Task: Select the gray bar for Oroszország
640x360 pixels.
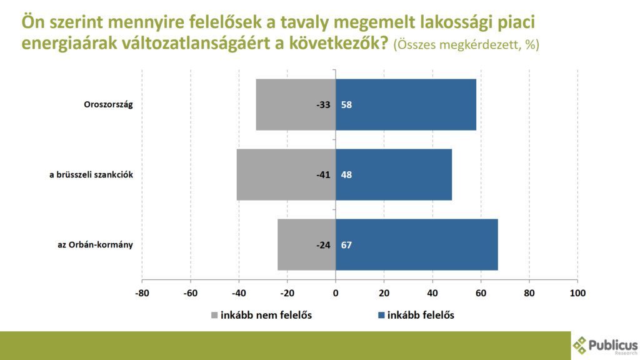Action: point(287,104)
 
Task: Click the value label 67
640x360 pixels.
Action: point(346,244)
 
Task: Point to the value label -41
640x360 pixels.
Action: point(322,174)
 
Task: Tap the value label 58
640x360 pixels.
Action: point(346,104)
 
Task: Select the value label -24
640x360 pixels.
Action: point(322,244)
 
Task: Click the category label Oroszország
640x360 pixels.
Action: point(109,104)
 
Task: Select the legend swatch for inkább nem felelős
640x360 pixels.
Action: point(214,314)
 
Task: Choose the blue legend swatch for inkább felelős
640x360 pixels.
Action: point(381,314)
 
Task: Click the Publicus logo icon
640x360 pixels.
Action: point(581,344)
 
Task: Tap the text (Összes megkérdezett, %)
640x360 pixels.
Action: point(466,45)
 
